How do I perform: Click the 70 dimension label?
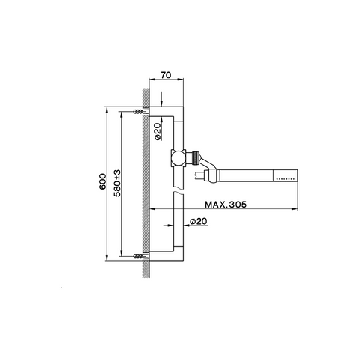[166, 75]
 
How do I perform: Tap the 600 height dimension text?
[103, 181]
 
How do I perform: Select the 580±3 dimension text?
[117, 183]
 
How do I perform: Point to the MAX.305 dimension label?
[226, 205]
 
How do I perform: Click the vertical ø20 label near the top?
[157, 131]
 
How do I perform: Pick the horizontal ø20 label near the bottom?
[199, 221]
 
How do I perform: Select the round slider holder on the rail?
[178, 158]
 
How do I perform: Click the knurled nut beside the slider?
[196, 158]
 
